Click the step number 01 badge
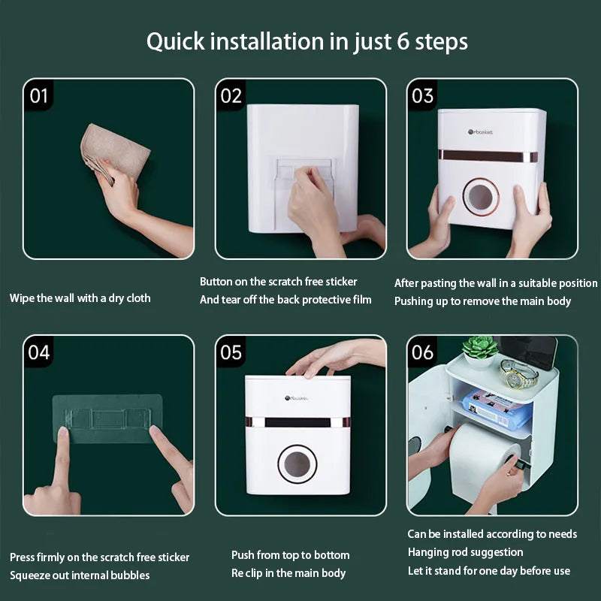[x=39, y=96]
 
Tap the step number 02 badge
[x=231, y=96]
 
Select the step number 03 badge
[x=423, y=96]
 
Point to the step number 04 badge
[x=39, y=352]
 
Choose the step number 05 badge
[x=231, y=352]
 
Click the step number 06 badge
[x=423, y=352]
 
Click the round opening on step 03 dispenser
[x=481, y=197]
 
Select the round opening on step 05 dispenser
[x=297, y=464]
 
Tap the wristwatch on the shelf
[x=518, y=372]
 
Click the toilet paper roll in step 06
[x=481, y=458]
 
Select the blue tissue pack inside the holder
[x=496, y=408]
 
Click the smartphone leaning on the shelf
[x=529, y=352]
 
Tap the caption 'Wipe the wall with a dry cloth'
[x=80, y=298]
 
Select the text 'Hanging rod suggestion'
[x=465, y=552]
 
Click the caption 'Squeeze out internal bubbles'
[x=80, y=575]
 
